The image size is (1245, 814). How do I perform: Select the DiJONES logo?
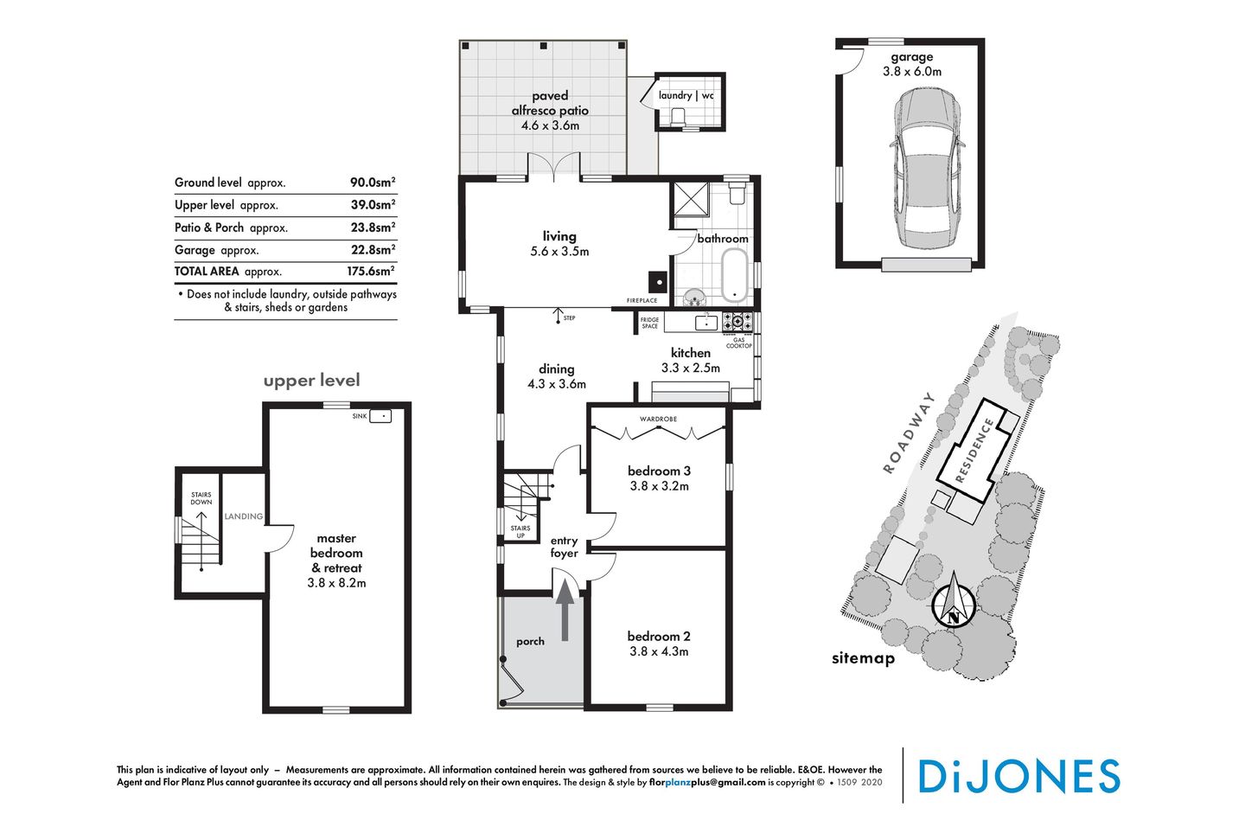coord(1018,776)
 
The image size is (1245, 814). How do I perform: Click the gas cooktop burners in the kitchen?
coord(737,323)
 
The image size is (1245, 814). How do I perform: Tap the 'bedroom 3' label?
coord(659,471)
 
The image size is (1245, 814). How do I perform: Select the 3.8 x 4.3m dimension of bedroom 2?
coord(659,651)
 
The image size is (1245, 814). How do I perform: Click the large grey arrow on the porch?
coord(565,610)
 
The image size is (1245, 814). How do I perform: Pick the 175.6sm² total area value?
coord(371,271)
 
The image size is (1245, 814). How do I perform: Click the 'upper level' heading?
coord(311,381)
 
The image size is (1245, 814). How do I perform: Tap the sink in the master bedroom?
coord(380,416)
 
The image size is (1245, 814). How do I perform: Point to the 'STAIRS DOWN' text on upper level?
coord(201,498)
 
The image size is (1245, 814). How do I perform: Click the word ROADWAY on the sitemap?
coord(909,433)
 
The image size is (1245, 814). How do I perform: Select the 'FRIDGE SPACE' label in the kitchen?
coord(650,323)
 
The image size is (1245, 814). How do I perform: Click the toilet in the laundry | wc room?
coord(678,117)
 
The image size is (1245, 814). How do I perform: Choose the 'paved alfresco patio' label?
coord(550,103)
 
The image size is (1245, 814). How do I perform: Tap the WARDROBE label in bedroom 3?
coord(658,420)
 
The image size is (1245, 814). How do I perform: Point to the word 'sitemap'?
coord(863,658)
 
